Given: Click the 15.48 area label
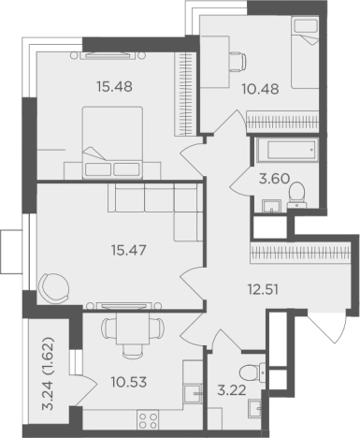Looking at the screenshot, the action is click(114, 86).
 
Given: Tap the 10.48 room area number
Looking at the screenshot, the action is click(260, 89).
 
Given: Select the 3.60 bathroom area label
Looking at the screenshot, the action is click(274, 179).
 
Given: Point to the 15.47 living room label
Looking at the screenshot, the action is click(129, 250).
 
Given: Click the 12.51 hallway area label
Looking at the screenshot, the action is click(263, 290).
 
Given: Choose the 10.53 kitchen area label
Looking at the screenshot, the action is click(129, 382).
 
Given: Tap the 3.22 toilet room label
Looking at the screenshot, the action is click(232, 390).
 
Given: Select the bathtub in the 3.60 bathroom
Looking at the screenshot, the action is click(285, 150).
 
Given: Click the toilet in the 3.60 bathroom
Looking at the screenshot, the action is click(296, 195).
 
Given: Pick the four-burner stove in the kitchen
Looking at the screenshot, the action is click(148, 420).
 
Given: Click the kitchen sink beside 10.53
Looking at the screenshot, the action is click(193, 394).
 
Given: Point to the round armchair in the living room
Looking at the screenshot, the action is click(53, 287).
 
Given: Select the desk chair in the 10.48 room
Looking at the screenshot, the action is click(238, 62).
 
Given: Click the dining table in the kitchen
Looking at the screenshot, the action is click(132, 328).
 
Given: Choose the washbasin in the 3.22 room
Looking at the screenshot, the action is click(255, 408).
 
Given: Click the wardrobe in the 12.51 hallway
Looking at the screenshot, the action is click(300, 251).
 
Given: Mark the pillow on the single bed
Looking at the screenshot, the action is click(306, 26).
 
